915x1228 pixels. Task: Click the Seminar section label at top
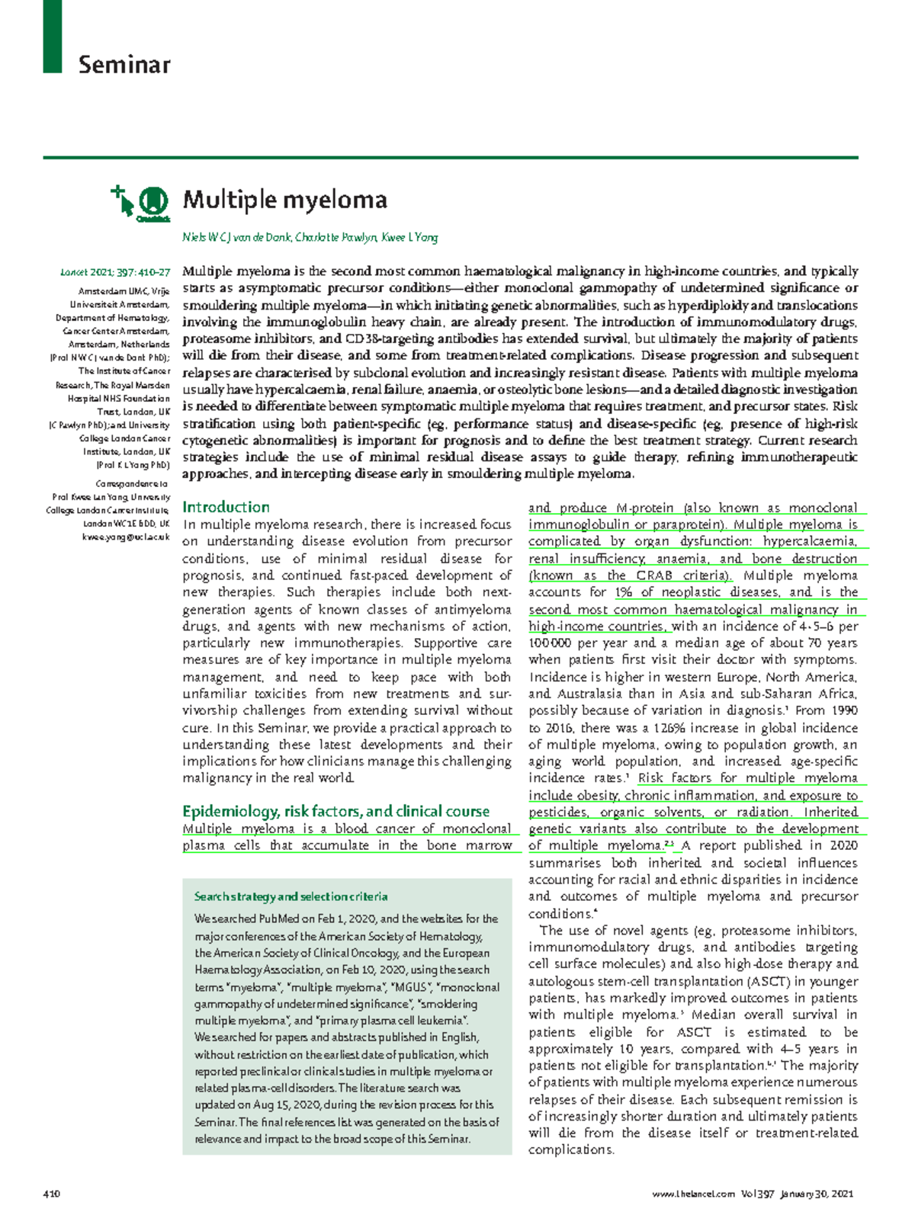[x=124, y=65]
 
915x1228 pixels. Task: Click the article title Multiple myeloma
[x=284, y=200]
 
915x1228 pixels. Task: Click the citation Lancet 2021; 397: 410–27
[x=115, y=272]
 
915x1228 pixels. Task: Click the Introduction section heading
[x=226, y=507]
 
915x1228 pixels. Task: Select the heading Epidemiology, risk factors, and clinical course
[x=335, y=811]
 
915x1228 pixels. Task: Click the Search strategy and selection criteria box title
[x=291, y=896]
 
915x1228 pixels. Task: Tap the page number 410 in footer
[x=52, y=1194]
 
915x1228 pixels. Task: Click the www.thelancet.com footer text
[x=694, y=1194]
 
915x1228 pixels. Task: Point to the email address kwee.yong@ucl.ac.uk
[x=126, y=537]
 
